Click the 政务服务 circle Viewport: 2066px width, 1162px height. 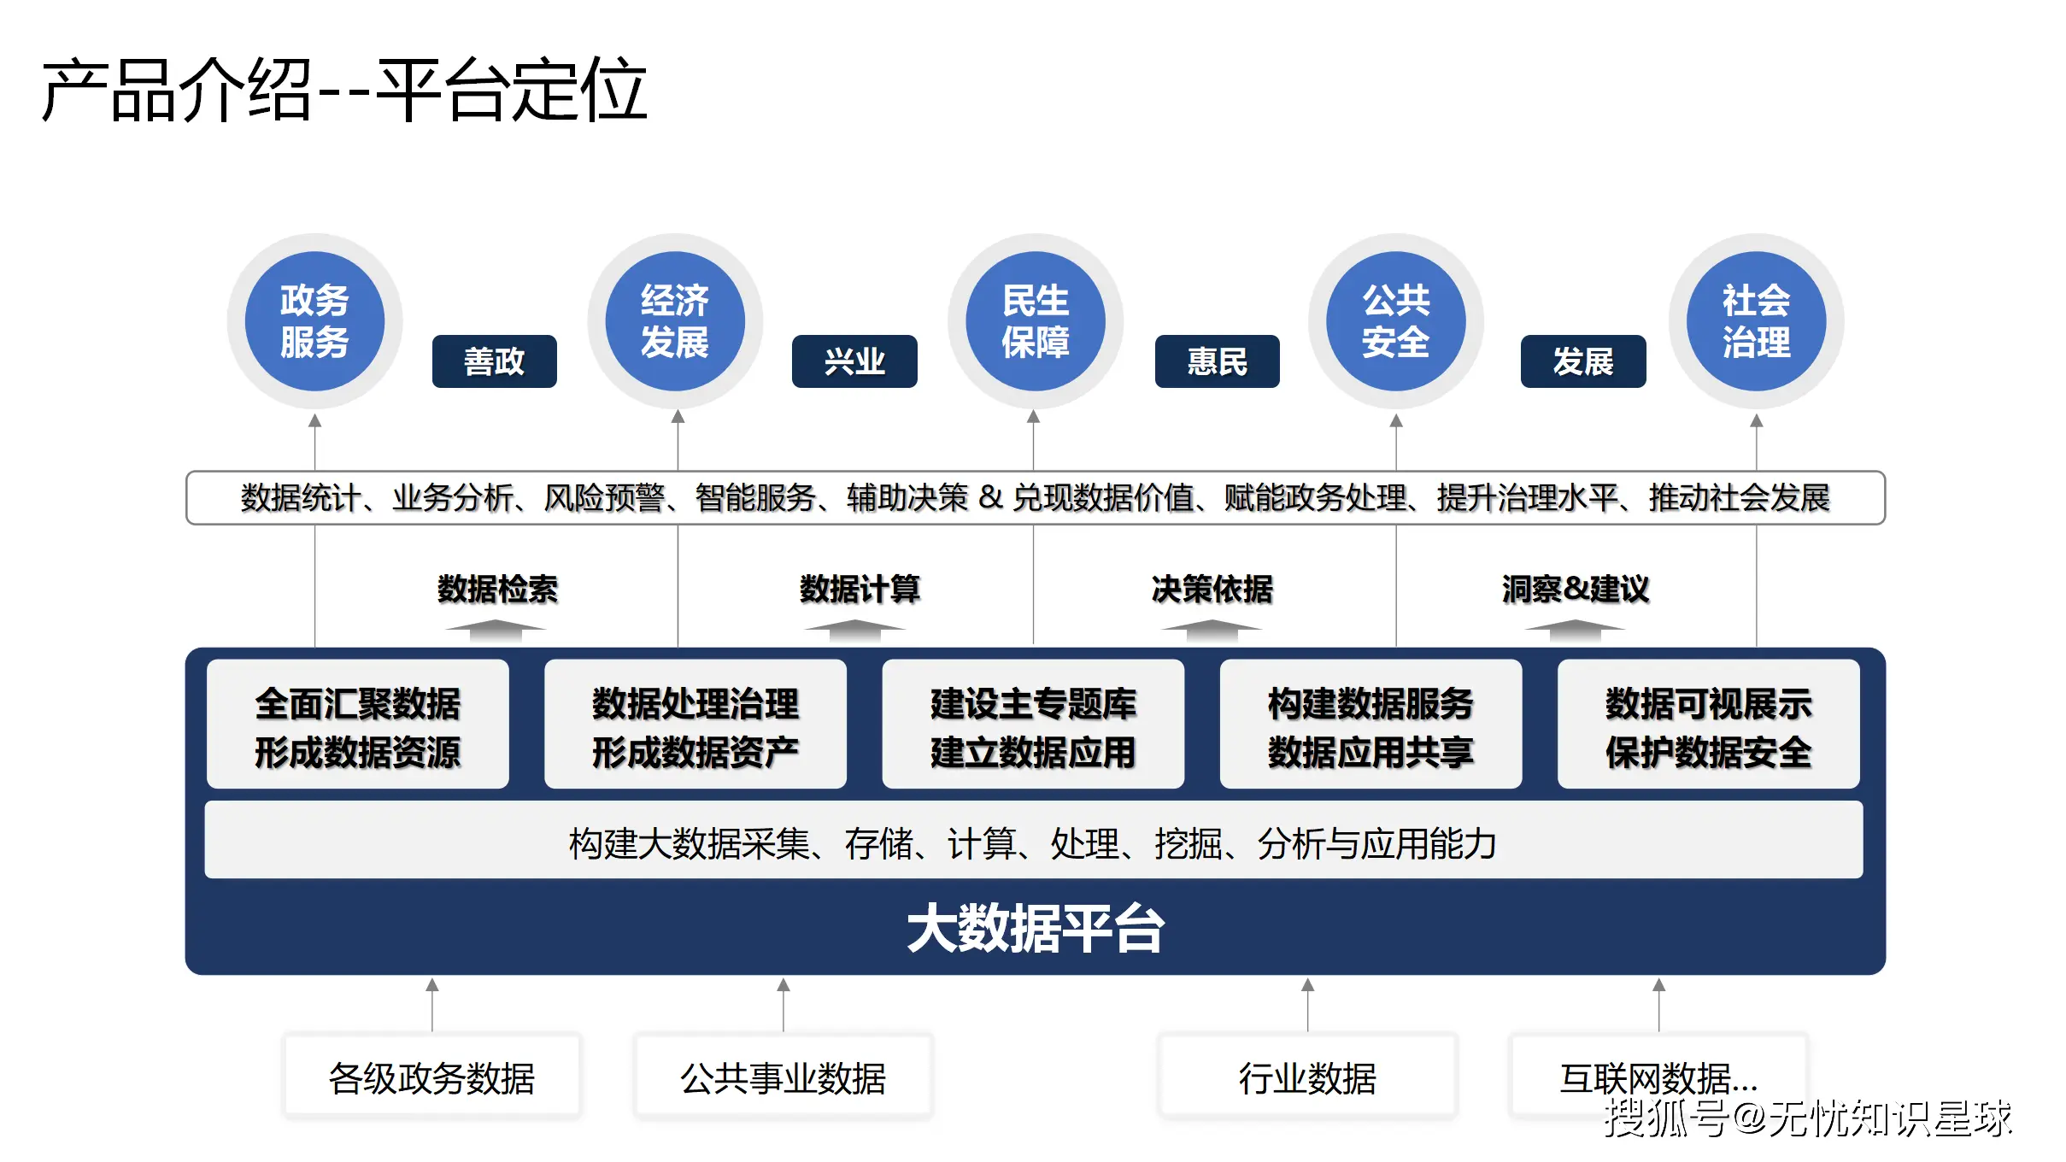click(x=314, y=321)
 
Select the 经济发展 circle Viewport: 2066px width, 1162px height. click(x=675, y=321)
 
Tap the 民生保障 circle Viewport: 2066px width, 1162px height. click(x=1035, y=321)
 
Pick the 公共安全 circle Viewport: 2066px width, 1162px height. click(x=1395, y=321)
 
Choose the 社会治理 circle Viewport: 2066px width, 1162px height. click(x=1756, y=321)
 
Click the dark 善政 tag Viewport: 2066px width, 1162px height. click(x=494, y=361)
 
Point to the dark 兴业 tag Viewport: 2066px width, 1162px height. click(x=854, y=361)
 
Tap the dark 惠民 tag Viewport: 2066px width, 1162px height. click(x=1217, y=361)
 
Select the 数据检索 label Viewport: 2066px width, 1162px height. click(x=497, y=589)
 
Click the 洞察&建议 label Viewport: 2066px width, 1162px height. click(x=1575, y=589)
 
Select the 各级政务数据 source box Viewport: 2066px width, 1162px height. click(x=432, y=1077)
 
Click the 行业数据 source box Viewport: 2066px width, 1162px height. click(x=1307, y=1077)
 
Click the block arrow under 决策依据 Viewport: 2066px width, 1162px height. click(x=1211, y=631)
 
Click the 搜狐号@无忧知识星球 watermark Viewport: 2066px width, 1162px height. click(x=1807, y=1118)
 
